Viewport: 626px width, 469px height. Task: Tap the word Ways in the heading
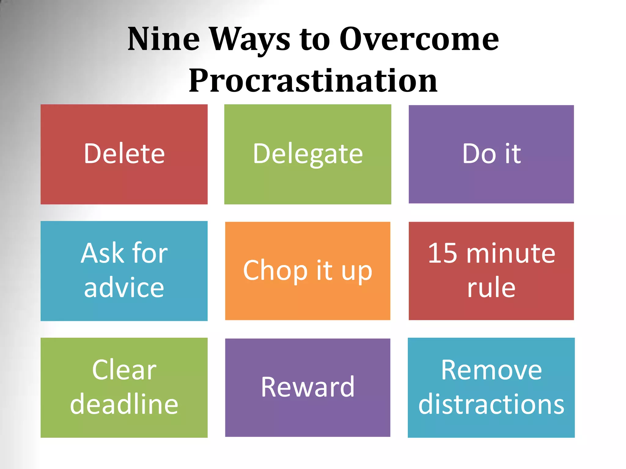250,40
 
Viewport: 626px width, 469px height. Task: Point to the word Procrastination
313,81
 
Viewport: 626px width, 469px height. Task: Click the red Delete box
124,154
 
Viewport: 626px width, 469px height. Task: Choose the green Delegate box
307,154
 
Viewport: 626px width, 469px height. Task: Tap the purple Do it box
491,154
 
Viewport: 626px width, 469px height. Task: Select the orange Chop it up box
307,271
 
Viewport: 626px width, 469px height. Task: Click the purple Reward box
307,387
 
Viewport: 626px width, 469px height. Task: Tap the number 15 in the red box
442,253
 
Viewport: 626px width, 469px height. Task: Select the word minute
510,253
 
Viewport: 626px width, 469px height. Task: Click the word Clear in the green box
124,370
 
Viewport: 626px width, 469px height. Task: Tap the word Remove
491,370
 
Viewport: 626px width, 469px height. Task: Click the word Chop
275,271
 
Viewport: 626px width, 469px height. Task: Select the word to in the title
315,40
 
